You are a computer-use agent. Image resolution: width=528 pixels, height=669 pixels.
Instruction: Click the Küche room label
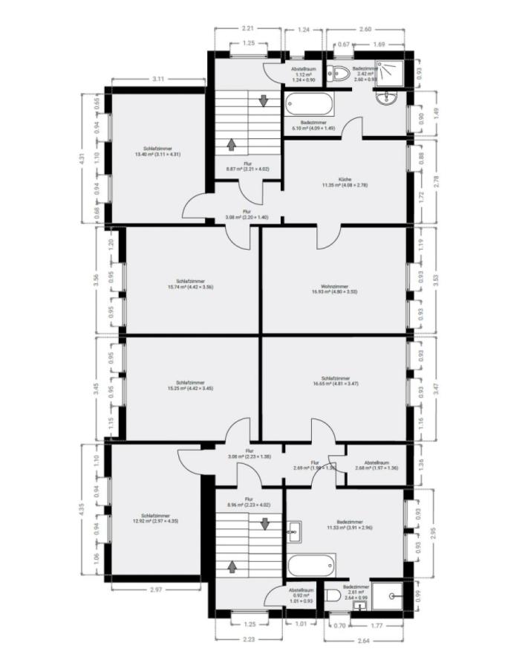click(344, 182)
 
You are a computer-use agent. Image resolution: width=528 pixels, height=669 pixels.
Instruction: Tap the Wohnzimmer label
click(335, 289)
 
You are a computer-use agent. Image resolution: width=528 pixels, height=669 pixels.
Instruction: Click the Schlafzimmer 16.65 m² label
click(336, 385)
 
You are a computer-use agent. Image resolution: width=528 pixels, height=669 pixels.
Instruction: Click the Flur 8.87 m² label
click(247, 167)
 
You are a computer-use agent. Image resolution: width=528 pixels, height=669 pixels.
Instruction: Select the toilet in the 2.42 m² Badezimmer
click(341, 73)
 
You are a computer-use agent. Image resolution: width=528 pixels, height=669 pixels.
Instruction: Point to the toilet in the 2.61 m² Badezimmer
click(333, 595)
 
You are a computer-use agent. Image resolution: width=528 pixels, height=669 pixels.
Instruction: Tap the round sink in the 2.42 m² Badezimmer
click(386, 98)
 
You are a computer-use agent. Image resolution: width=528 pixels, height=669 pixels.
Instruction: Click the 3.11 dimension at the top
click(157, 79)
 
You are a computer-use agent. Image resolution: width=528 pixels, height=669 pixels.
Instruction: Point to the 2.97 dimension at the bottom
click(155, 589)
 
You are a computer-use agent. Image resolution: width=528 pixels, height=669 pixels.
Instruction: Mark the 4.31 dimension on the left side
click(83, 158)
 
